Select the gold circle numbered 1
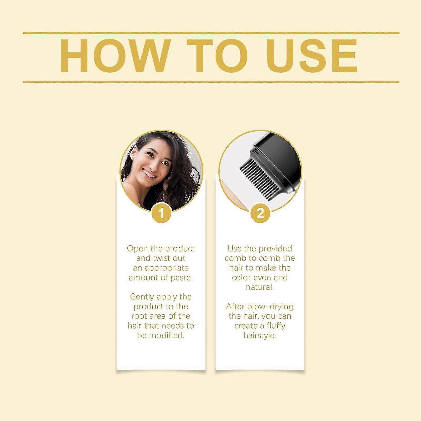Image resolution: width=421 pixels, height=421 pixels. tap(162, 213)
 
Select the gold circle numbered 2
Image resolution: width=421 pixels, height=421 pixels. tap(260, 213)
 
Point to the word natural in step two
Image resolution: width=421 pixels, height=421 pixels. tap(260, 287)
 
